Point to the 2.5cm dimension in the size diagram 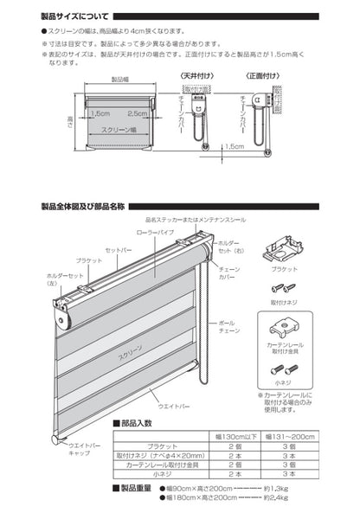pyautogui.click(x=137, y=113)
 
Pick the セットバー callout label pyautogui.click(x=118, y=250)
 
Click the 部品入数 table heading pyautogui.click(x=136, y=423)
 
